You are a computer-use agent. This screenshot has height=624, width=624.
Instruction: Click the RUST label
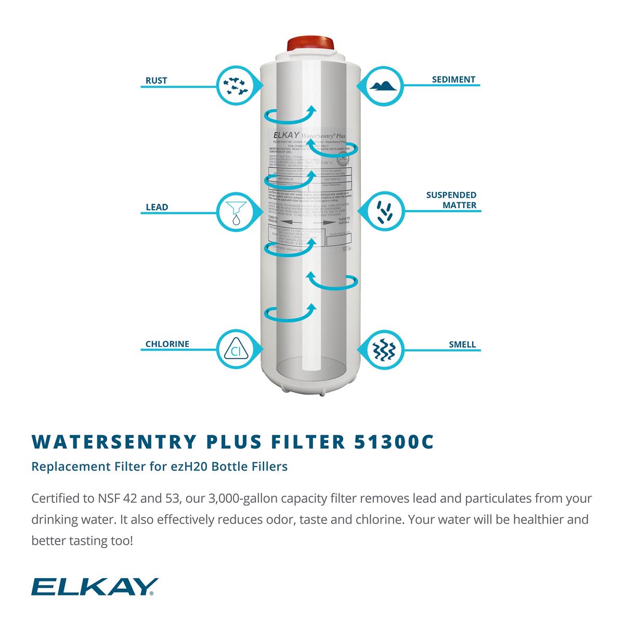coord(156,81)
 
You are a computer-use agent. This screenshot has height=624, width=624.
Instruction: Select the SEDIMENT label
coord(453,80)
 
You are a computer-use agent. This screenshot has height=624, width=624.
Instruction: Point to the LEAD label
coord(157,207)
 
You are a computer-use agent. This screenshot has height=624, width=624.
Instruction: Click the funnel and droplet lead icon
coord(235,212)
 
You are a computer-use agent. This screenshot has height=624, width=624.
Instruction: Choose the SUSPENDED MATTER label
coord(451,200)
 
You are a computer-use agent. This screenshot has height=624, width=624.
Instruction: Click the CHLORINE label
coord(167,344)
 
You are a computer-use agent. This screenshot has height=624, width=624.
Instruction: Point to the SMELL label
coord(462,344)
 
